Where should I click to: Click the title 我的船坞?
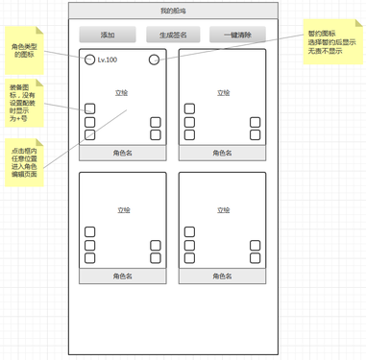coord(172,10)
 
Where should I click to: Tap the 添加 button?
coord(107,36)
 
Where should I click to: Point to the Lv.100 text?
coord(108,60)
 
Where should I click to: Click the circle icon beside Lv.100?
coord(89,60)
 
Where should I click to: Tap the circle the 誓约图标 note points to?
coord(153,60)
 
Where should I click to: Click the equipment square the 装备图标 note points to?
coord(89,108)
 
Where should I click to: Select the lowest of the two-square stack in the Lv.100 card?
coord(155,135)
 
